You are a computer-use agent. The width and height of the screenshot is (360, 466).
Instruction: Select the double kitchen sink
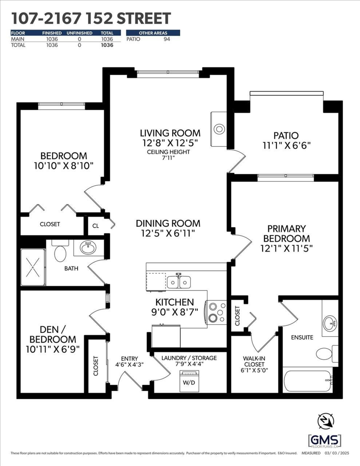pos(179,282)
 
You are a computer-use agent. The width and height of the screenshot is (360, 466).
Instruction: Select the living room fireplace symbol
pos(219,129)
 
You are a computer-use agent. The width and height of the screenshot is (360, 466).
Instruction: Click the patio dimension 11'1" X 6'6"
pos(286,146)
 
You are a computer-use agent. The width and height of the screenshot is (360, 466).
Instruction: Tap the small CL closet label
pos(96,226)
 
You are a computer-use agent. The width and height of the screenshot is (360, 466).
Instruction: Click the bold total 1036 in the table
pos(106,45)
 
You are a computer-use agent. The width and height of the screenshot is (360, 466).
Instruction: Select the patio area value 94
pos(167,39)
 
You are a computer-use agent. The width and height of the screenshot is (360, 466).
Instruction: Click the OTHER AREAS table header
pos(153,33)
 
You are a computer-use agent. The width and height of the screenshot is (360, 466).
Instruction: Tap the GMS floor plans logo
pos(325,440)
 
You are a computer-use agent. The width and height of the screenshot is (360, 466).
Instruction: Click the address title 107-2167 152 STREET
pos(91,18)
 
